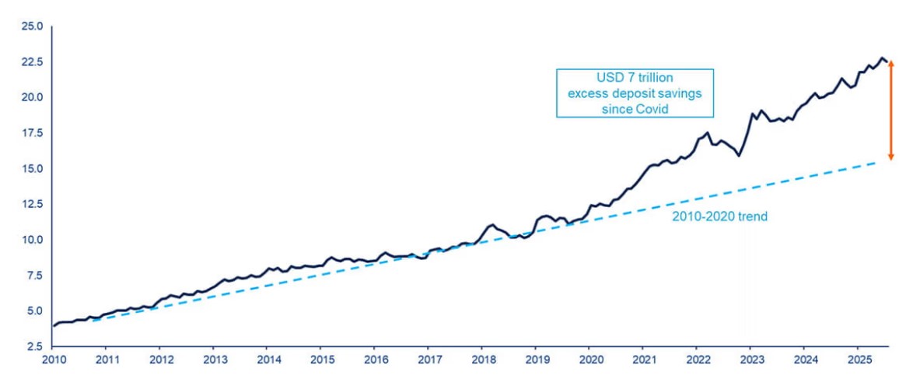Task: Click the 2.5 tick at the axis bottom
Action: [33, 346]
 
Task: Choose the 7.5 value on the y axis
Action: [33, 275]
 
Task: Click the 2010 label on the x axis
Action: [52, 361]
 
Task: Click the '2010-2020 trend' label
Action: [719, 216]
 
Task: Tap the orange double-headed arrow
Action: [891, 109]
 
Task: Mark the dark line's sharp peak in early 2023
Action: [752, 114]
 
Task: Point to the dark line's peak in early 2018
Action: [491, 224]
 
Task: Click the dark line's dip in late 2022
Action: [738, 156]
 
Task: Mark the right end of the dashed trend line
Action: [876, 162]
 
